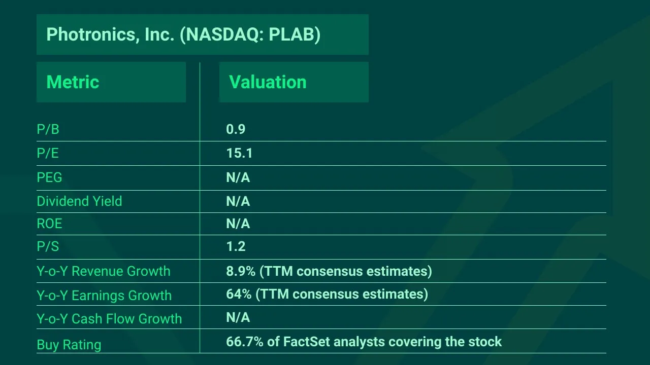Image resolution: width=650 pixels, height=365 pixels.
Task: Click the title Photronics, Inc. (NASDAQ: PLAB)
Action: (183, 35)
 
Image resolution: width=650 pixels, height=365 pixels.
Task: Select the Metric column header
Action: (73, 82)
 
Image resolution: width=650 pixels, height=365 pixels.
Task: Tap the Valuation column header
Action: (268, 82)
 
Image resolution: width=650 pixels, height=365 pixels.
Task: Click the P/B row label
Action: (48, 129)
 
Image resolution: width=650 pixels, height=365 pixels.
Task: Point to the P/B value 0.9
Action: (236, 129)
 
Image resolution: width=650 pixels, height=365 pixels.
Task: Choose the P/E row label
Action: (48, 153)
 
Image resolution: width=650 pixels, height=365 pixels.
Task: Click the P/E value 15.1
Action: (239, 153)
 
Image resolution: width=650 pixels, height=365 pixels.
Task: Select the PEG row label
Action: (49, 177)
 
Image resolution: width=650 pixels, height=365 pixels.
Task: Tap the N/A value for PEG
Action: (238, 177)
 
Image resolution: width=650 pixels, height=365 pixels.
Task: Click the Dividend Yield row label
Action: (80, 201)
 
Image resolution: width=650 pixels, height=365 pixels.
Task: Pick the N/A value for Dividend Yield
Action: (238, 201)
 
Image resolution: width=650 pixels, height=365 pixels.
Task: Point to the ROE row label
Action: (49, 224)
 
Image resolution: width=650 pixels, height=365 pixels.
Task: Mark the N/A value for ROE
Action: (238, 224)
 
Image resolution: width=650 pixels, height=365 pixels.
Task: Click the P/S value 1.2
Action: (236, 246)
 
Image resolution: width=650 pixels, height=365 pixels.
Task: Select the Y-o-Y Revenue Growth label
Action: (104, 271)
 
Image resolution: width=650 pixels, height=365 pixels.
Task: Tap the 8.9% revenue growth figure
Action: (241, 271)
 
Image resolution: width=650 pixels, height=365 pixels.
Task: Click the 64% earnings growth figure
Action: (239, 294)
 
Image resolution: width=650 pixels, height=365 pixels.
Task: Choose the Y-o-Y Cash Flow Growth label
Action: (109, 319)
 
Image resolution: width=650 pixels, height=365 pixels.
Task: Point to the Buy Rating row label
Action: (69, 345)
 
